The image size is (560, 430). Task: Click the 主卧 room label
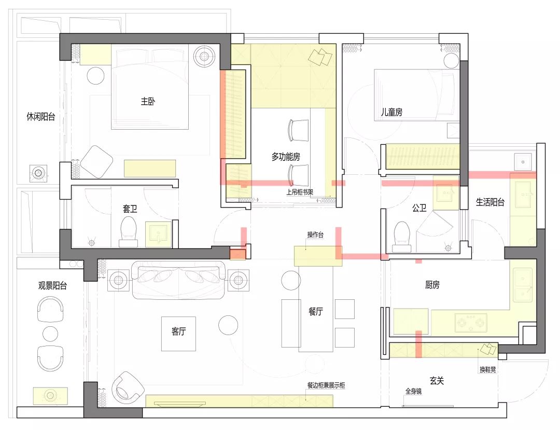pyautogui.click(x=148, y=102)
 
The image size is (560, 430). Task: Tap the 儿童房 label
pyautogui.click(x=391, y=112)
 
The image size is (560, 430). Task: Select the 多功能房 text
pyautogui.click(x=286, y=157)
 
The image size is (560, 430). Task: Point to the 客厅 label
pyautogui.click(x=178, y=332)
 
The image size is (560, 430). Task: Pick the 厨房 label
pyautogui.click(x=432, y=285)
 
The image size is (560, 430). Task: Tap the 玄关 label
pyautogui.click(x=437, y=380)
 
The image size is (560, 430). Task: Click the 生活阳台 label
pyautogui.click(x=490, y=202)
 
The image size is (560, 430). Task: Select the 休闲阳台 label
pyautogui.click(x=40, y=117)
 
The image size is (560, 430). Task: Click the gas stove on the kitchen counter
pyautogui.click(x=471, y=323)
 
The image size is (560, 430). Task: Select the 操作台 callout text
pyautogui.click(x=315, y=235)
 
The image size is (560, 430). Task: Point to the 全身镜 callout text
pyautogui.click(x=413, y=392)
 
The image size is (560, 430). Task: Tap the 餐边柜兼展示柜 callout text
pyautogui.click(x=326, y=385)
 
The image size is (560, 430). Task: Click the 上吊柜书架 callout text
pyautogui.click(x=300, y=192)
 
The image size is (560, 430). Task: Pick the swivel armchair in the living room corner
pyautogui.click(x=128, y=387)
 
